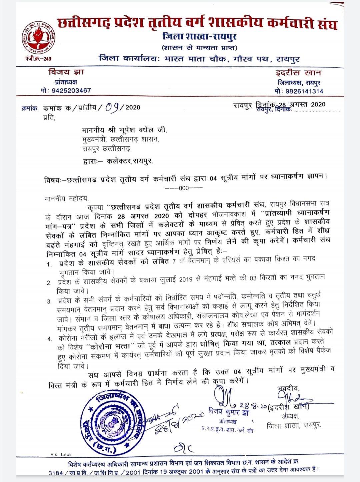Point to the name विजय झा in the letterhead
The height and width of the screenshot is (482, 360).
pyautogui.click(x=66, y=72)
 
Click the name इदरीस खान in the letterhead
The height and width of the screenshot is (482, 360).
pyautogui.click(x=298, y=73)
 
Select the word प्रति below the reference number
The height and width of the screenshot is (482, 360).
pyautogui.click(x=49, y=118)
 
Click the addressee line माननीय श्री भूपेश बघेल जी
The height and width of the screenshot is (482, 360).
pyautogui.click(x=124, y=130)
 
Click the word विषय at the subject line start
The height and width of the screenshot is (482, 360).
pyautogui.click(x=53, y=180)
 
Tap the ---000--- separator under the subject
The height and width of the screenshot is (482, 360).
pyautogui.click(x=184, y=188)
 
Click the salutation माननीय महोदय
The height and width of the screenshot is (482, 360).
pyautogui.click(x=66, y=199)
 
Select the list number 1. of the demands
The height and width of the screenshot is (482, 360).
pyautogui.click(x=49, y=264)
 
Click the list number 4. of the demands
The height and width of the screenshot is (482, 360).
pyautogui.click(x=50, y=339)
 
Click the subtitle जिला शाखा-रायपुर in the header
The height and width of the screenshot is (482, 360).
pyautogui.click(x=199, y=36)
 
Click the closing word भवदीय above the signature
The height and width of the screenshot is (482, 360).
pyautogui.click(x=288, y=388)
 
